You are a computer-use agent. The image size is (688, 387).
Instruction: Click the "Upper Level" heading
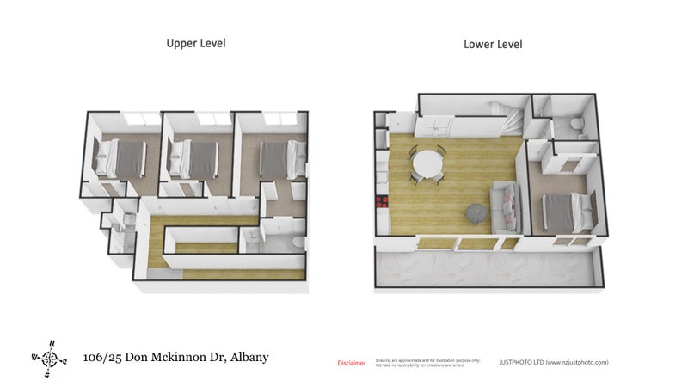pyautogui.click(x=196, y=42)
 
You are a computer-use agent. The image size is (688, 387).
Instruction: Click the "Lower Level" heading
pyautogui.click(x=493, y=43)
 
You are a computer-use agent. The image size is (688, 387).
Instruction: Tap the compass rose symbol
pyautogui.click(x=50, y=357)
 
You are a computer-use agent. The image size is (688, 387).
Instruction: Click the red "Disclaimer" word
pyautogui.click(x=351, y=363)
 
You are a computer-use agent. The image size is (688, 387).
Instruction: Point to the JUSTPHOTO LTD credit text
pyautogui.click(x=553, y=363)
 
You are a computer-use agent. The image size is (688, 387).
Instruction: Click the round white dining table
pyautogui.click(x=427, y=163)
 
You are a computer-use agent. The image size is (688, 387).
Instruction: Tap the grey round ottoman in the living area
pyautogui.click(x=476, y=212)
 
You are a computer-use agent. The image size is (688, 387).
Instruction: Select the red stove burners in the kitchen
pyautogui.click(x=381, y=204)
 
